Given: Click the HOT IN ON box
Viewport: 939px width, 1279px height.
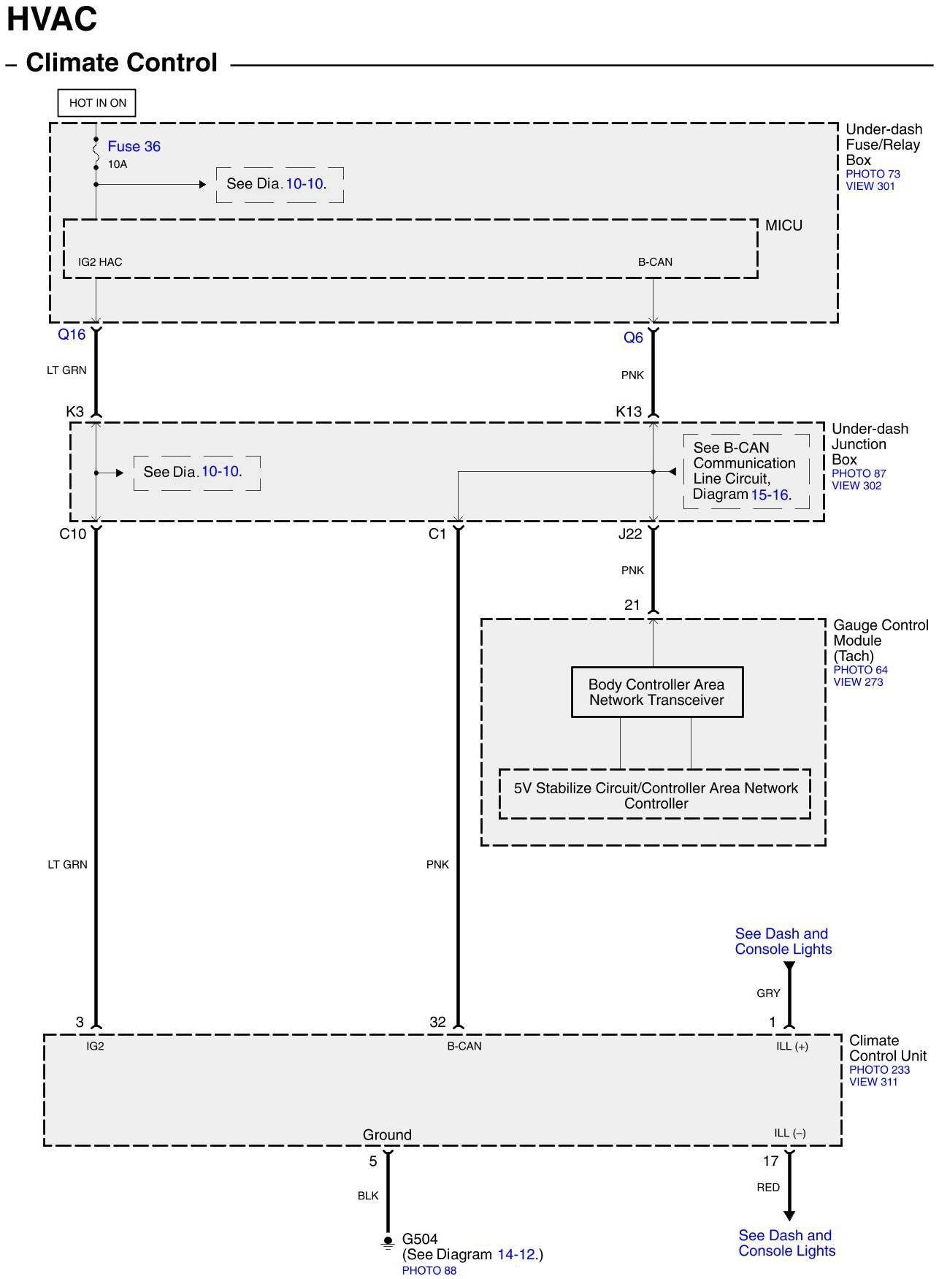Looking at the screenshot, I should (x=97, y=103).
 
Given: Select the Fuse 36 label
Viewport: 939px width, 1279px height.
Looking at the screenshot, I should (x=134, y=146).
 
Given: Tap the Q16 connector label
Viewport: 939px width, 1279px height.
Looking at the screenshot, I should (x=72, y=335).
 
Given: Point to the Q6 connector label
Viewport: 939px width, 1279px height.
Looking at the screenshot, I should (x=633, y=337).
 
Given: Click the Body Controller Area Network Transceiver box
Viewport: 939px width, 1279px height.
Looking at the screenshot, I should (x=656, y=692).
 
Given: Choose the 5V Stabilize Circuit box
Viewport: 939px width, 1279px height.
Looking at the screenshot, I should (x=655, y=795).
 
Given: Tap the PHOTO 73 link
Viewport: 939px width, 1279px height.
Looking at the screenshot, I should (x=873, y=174).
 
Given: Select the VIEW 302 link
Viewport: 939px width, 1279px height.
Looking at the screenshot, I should (x=856, y=486).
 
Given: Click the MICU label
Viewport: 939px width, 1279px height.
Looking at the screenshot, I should (x=783, y=226).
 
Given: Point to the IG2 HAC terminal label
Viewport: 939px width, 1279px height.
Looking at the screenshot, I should (x=100, y=262).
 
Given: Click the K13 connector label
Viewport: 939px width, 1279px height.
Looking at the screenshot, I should (x=629, y=412).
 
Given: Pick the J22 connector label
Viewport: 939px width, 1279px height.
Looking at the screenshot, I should (x=630, y=534).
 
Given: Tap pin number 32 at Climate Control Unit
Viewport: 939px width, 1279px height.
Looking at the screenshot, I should (x=437, y=1023).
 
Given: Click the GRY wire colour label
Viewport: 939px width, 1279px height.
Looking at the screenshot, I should (x=768, y=993).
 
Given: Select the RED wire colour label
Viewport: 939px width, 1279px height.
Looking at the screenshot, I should (x=768, y=1188).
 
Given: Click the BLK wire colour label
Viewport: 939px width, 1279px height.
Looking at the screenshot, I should (x=368, y=1196).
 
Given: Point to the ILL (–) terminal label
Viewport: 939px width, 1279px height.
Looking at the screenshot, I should (x=790, y=1133).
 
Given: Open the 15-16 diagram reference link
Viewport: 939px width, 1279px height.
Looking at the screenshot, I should (x=770, y=495).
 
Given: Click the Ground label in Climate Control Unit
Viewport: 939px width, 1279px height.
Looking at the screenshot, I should (x=387, y=1135).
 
